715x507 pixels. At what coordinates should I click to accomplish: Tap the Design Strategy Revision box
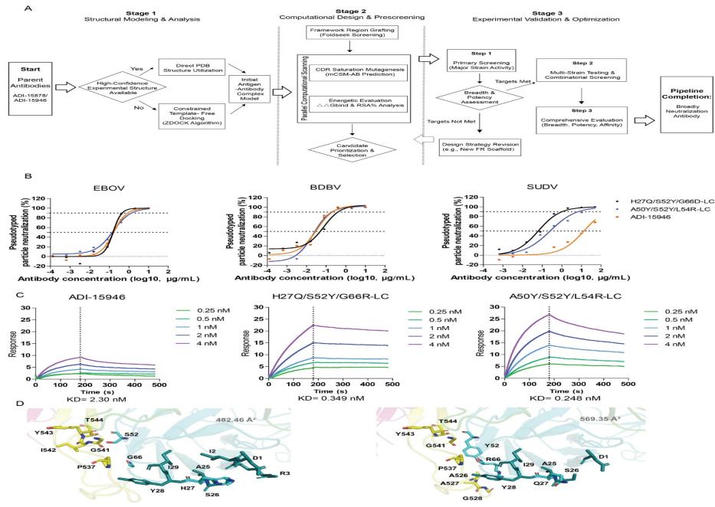tap(477, 145)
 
